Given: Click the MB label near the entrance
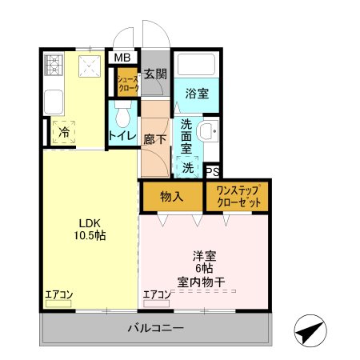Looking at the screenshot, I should (122, 58).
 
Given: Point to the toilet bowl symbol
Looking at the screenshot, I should (122, 118).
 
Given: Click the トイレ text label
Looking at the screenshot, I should (122, 135).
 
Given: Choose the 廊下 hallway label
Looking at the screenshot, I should (154, 137).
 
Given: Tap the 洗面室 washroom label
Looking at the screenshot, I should (186, 135).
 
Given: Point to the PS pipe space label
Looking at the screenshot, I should (212, 170).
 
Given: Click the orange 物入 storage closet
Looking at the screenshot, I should (171, 196).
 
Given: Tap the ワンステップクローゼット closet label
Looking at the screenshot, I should (238, 196).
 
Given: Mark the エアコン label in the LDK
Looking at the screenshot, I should (58, 294).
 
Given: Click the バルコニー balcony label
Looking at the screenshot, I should (155, 328).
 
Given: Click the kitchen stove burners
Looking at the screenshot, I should (54, 65).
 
